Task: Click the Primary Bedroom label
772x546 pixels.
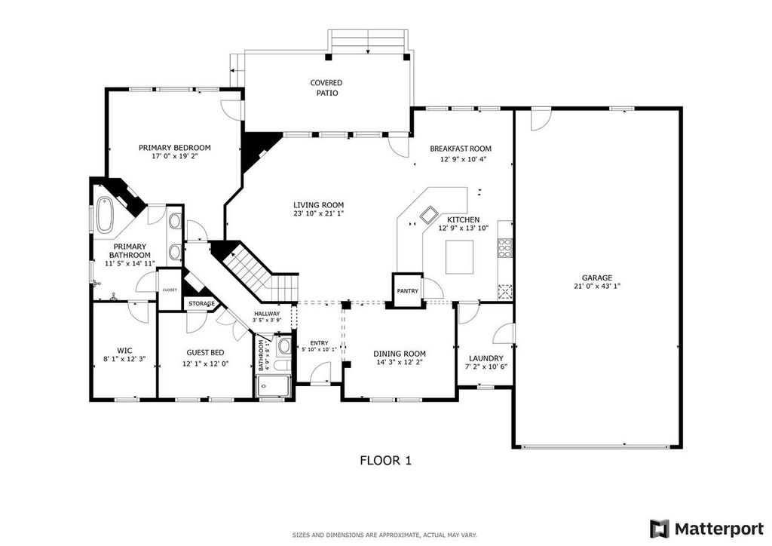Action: [x=174, y=148]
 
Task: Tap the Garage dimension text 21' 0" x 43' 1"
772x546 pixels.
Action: [x=597, y=286]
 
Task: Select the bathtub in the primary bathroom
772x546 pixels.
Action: [x=104, y=215]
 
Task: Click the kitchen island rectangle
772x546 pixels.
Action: [x=459, y=256]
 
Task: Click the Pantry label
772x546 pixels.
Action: [x=408, y=291]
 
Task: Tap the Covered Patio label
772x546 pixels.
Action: [x=326, y=87]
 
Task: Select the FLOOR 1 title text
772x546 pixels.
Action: [x=385, y=460]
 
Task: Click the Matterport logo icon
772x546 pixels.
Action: [x=659, y=529]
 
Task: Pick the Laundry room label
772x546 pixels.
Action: [x=486, y=358]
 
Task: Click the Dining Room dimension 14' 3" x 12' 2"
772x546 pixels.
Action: [x=400, y=362]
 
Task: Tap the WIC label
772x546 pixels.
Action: [x=124, y=351]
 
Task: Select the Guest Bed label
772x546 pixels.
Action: [x=205, y=352]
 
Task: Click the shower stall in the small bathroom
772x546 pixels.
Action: [x=273, y=386]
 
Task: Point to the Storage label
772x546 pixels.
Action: [x=201, y=304]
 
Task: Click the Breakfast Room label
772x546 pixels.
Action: [x=461, y=149]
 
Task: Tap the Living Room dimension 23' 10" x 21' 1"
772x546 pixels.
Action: [x=318, y=213]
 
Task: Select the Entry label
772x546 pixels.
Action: [x=319, y=343]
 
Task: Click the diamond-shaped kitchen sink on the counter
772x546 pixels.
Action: [x=427, y=214]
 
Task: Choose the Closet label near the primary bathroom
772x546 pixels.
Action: [x=170, y=290]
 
